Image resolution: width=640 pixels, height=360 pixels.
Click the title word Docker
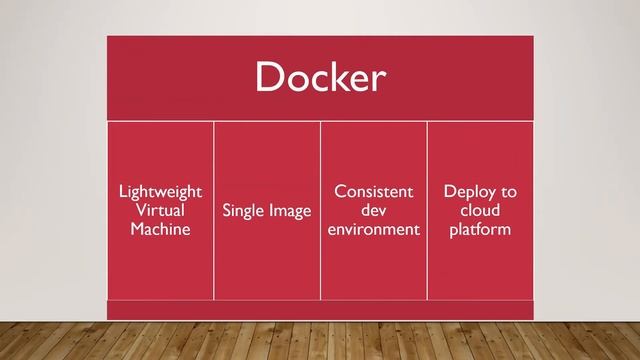(320, 78)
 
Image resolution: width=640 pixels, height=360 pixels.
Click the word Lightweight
(160, 191)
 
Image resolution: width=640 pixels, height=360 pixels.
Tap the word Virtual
(160, 210)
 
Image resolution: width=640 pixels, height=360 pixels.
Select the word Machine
(160, 229)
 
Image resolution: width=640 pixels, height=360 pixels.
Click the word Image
(289, 211)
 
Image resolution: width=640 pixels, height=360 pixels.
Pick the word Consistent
(373, 191)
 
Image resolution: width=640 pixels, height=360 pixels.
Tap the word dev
(373, 210)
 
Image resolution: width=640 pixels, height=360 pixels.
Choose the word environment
(373, 229)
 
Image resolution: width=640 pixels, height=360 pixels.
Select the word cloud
(480, 210)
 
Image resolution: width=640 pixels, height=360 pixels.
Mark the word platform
(480, 229)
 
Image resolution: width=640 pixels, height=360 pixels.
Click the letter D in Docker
(270, 77)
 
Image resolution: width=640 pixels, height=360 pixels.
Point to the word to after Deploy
(508, 191)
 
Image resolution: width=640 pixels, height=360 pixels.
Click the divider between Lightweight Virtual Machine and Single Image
(213, 210)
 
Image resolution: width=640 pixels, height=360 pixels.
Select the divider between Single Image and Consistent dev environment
(320, 210)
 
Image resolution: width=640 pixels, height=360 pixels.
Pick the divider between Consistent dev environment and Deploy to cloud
(427, 210)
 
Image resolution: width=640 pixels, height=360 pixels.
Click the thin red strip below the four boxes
(320, 310)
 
